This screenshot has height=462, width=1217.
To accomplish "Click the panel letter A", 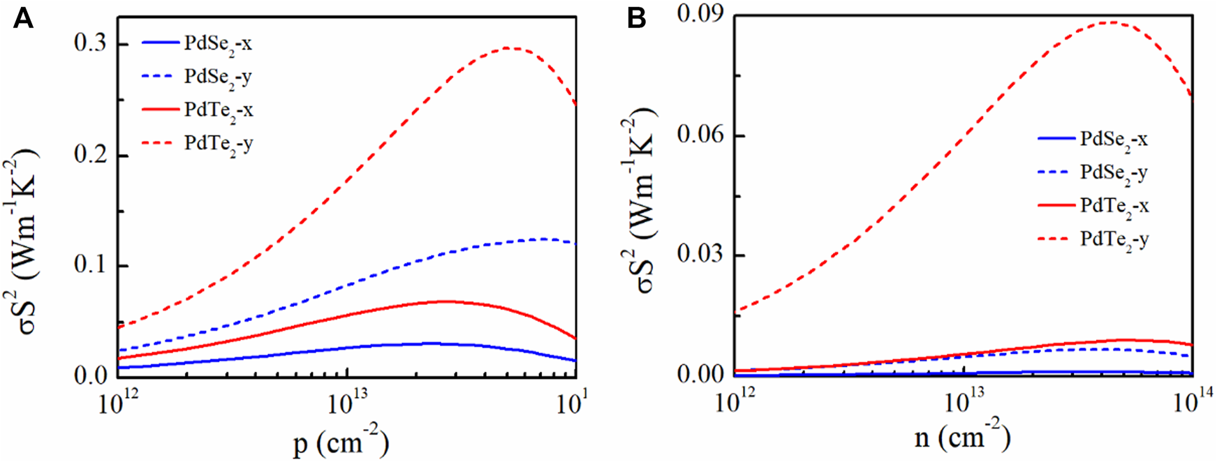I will [23, 18].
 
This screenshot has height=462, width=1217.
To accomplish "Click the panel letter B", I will [636, 18].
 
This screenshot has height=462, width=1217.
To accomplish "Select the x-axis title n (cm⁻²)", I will [962, 438].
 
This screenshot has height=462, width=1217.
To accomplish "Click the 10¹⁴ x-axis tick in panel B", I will [1192, 402].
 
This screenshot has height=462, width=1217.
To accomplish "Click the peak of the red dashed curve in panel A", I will [508, 47].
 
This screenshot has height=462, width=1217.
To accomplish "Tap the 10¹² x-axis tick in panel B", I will [734, 402].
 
